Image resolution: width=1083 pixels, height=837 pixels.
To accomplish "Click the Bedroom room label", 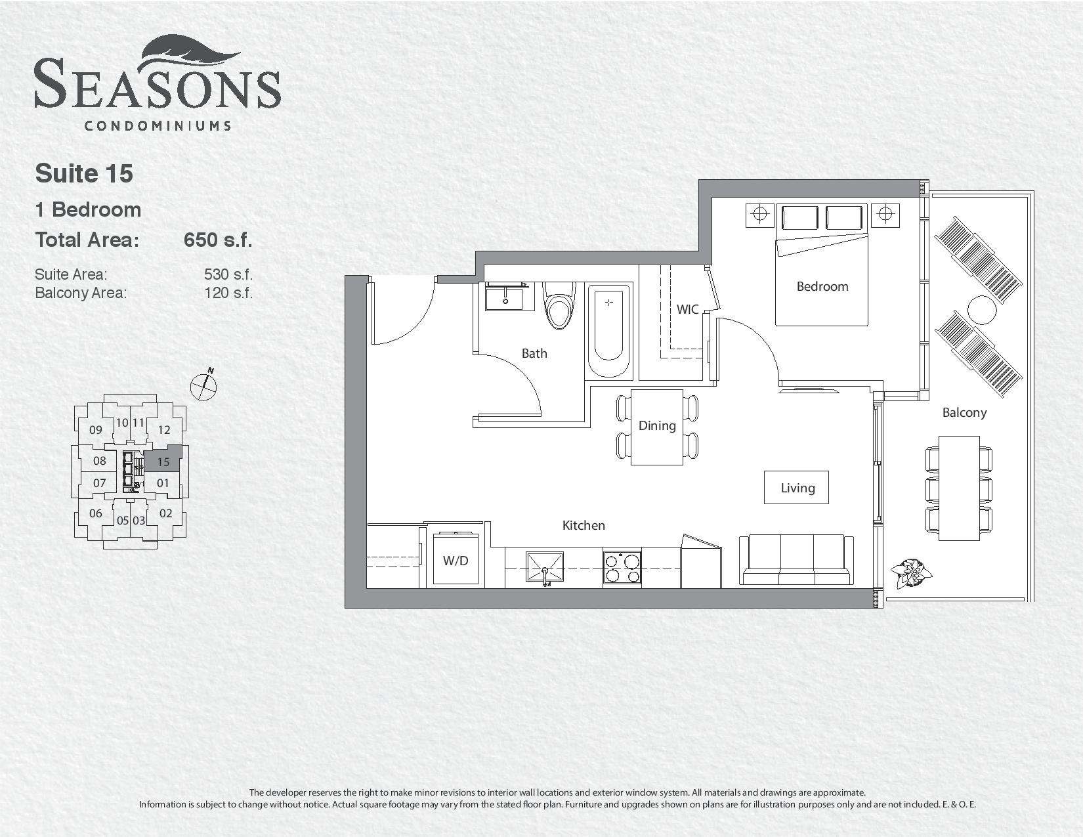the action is [822, 287].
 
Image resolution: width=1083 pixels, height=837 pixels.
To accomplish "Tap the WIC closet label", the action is [687, 310].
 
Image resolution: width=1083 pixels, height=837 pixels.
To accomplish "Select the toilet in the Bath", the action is [559, 305].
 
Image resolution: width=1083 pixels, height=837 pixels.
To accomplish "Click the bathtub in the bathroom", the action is [608, 330].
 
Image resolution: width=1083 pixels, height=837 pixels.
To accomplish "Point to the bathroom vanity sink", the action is [505, 297].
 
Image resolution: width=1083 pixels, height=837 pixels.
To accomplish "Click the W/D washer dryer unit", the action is [456, 559].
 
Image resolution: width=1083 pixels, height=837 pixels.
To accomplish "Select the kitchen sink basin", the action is [545, 567].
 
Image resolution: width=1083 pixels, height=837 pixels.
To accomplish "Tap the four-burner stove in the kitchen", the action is [622, 567].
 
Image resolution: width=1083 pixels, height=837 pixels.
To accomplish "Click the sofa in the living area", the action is [796, 560].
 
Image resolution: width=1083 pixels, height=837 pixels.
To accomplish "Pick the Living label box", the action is [796, 487].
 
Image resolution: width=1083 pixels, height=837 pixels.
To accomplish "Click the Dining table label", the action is [658, 426].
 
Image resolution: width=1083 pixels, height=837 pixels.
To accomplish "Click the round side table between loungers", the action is [982, 310].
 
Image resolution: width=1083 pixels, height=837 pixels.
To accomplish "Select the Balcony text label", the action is [964, 413].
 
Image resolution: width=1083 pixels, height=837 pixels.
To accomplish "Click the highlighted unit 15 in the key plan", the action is [163, 459].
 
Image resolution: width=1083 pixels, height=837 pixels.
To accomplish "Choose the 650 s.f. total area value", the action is [218, 240].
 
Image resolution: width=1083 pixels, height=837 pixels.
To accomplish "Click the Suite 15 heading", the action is [84, 173].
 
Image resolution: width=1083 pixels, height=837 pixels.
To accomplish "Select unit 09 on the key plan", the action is [96, 430].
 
